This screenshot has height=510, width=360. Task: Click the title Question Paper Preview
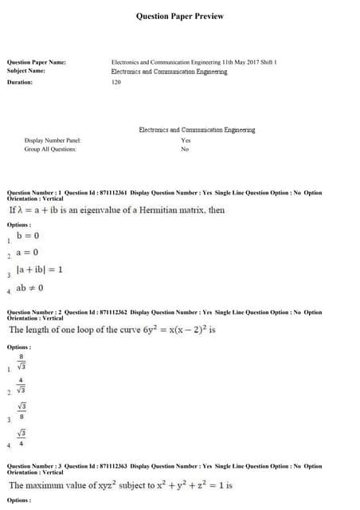point(180,16)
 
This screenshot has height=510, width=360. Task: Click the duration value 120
point(116,82)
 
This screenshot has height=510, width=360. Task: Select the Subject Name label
point(25,71)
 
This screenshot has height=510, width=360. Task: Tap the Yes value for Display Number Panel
point(186,140)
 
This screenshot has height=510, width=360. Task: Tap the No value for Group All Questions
point(185,149)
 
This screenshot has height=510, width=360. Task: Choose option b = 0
point(28,236)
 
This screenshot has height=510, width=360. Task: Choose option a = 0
point(28,253)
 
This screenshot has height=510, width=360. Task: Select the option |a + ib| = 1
point(39,270)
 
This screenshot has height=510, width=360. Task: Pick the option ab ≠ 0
point(29,288)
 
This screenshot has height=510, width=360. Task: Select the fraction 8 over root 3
point(22,363)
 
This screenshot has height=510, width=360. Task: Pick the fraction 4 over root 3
point(22,386)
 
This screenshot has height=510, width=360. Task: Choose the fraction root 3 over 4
point(22,437)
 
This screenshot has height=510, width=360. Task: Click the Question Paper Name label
point(36,62)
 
